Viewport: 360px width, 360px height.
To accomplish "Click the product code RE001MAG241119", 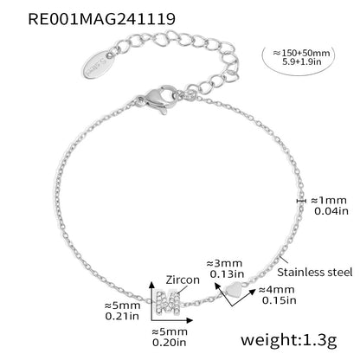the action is [x=101, y=19].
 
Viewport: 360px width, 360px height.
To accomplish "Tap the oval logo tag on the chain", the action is [x=99, y=64].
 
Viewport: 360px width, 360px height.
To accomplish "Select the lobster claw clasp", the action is [x=157, y=99].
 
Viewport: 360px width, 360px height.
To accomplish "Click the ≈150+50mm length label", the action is [x=301, y=53].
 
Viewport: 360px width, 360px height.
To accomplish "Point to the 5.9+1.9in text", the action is [x=302, y=61].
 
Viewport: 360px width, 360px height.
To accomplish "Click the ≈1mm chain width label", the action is [x=329, y=200].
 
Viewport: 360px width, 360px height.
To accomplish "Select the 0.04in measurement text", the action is [x=331, y=211].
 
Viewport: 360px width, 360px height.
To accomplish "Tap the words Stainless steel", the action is [x=315, y=272].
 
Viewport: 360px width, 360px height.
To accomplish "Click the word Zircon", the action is [x=183, y=280].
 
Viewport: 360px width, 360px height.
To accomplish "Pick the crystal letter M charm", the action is [x=167, y=302].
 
